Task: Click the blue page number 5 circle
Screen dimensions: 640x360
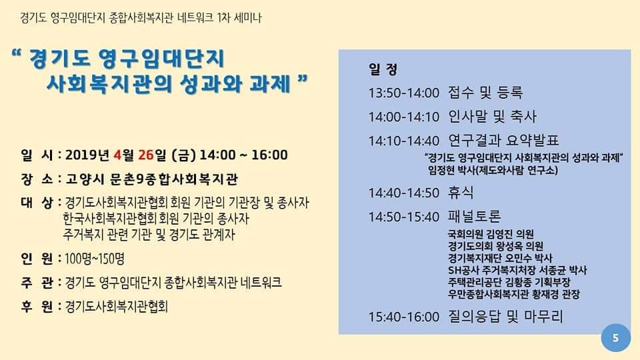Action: click(615, 337)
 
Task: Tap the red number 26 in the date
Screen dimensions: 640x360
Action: click(146, 155)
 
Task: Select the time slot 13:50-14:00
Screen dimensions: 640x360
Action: click(404, 93)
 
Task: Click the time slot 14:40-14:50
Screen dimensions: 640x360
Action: click(404, 193)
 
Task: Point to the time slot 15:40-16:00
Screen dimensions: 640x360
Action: click(404, 317)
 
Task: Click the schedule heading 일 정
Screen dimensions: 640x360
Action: click(383, 69)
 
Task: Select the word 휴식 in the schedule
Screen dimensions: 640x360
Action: click(461, 192)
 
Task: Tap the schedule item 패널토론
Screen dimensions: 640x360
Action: click(474, 216)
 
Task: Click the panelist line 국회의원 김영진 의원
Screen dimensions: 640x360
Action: click(491, 234)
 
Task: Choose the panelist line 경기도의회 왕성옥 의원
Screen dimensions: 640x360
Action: click(495, 246)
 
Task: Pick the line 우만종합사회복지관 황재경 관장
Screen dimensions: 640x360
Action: click(513, 294)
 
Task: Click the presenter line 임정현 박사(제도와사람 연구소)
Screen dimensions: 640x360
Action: click(493, 170)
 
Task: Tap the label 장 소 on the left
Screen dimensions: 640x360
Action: click(37, 179)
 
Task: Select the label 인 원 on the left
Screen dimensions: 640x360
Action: click(37, 259)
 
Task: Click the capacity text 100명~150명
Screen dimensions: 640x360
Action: click(94, 259)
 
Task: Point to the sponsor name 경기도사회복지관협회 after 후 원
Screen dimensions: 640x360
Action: click(116, 307)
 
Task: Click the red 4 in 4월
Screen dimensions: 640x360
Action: click(118, 155)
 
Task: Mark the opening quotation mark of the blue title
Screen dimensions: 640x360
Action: click(17, 54)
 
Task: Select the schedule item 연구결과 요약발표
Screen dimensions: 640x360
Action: click(503, 141)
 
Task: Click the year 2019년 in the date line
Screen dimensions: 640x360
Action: click(87, 155)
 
